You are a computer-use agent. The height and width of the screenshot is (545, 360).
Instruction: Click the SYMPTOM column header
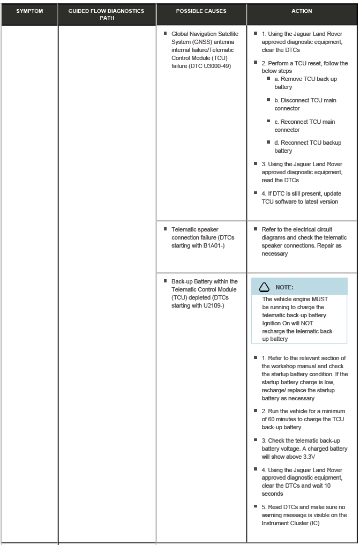pos(29,11)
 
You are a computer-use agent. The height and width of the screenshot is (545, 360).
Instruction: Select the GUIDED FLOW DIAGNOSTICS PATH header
pos(107,14)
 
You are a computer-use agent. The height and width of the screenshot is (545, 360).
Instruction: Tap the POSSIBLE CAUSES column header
pos(201,11)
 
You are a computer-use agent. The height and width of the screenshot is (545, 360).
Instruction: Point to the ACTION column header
pos(302,11)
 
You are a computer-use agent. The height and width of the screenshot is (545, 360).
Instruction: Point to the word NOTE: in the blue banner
pos(284,288)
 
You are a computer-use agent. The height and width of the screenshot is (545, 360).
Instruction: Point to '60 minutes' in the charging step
pos(284,419)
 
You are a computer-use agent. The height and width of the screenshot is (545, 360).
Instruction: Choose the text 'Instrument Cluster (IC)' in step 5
pos(290,523)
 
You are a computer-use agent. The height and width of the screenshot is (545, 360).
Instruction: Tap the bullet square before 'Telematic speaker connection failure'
pos(166,229)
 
